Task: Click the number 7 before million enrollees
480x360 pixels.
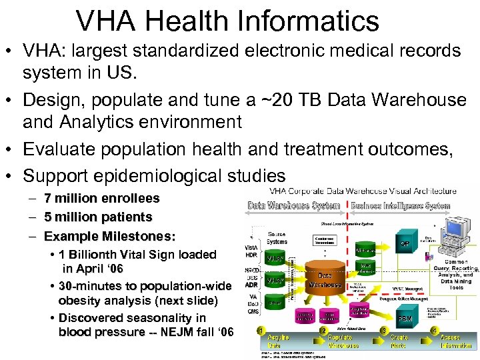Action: point(47,198)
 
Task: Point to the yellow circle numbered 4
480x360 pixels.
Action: point(434,330)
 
